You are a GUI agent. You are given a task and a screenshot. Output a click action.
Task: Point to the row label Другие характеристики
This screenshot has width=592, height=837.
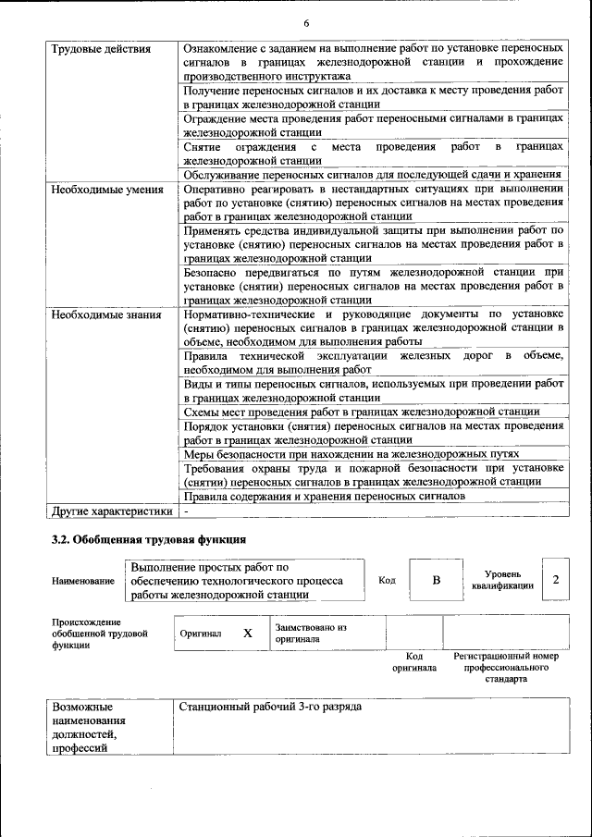pos(112,511)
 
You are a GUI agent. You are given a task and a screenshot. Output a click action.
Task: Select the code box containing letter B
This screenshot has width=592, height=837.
pos(436,580)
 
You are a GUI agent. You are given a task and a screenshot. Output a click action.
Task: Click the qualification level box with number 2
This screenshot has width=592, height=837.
pos(555,580)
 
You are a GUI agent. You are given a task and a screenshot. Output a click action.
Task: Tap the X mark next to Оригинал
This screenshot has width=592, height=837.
pos(247,634)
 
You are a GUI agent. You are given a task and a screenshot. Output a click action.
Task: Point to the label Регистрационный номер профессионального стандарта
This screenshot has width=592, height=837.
pos(505,667)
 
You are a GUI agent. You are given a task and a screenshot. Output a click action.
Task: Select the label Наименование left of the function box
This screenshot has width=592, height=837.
pos(83,581)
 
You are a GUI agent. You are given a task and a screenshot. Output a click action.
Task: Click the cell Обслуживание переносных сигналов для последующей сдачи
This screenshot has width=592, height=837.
pos(372,175)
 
